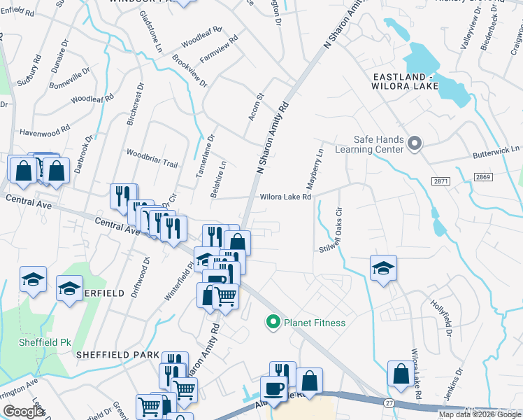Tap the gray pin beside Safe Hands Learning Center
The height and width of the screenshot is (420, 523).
point(415,144)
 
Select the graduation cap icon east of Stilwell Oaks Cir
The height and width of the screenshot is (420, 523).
point(383,268)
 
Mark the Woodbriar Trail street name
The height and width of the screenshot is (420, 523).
point(152,157)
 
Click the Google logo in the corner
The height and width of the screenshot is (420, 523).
point(24,412)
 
